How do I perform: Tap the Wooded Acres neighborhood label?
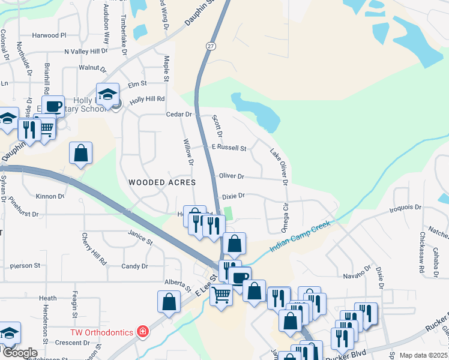(162, 182)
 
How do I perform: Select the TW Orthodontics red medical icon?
(142, 331)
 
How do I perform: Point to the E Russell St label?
(229, 148)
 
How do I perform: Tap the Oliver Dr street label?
(232, 176)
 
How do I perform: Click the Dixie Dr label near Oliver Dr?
(234, 196)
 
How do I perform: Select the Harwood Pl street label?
(49, 36)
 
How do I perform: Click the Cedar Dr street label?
(179, 114)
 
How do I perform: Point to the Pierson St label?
(25, 265)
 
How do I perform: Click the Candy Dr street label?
(134, 266)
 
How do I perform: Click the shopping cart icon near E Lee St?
(221, 295)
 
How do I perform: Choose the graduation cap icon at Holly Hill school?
(108, 94)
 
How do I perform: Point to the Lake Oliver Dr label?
(279, 166)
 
